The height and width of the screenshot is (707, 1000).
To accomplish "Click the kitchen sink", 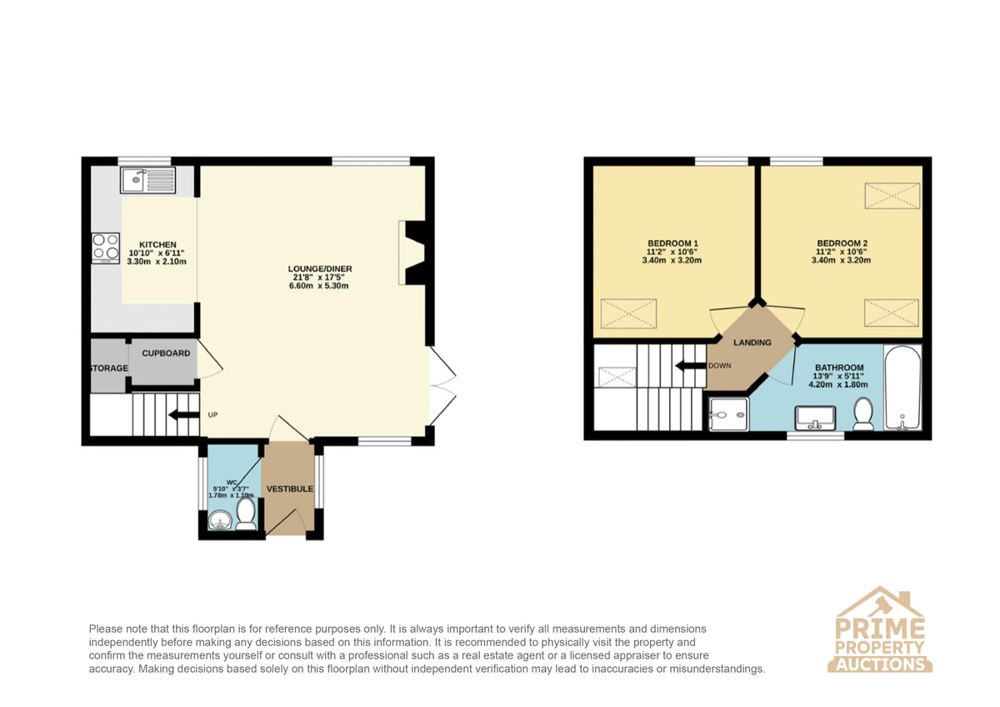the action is point(147,180).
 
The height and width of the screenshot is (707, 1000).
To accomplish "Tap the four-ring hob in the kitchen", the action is point(106,248).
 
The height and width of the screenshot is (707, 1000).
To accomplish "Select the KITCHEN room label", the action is point(157,245).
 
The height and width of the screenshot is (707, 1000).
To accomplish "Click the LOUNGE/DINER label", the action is point(320,268).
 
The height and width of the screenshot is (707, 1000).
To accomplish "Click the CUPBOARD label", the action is point(166,353).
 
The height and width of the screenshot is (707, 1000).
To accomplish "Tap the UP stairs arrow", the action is point(183,415).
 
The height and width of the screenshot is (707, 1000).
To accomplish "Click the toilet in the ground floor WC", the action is point(246,514).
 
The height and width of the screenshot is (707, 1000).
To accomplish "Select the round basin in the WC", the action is point(220,520).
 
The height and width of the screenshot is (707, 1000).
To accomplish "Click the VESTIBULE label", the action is point(290,489).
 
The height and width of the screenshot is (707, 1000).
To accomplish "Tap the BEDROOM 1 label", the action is point(672,243).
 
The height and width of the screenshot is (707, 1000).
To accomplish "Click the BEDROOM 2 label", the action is point(842,243).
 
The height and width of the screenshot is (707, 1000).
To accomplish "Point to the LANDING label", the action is point(752,343).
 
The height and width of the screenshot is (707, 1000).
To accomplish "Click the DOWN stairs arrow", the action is point(691,366).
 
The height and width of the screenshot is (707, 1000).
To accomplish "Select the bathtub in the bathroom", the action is point(902,389).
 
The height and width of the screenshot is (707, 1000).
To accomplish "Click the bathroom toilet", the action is point(863,414).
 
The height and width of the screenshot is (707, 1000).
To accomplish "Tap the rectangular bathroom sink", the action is point(815,419).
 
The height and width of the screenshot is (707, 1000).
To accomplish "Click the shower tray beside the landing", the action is point(728,415).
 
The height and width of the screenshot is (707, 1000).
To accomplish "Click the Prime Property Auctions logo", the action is point(879,635).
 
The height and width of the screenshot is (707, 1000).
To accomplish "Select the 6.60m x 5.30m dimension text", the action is point(318,286).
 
